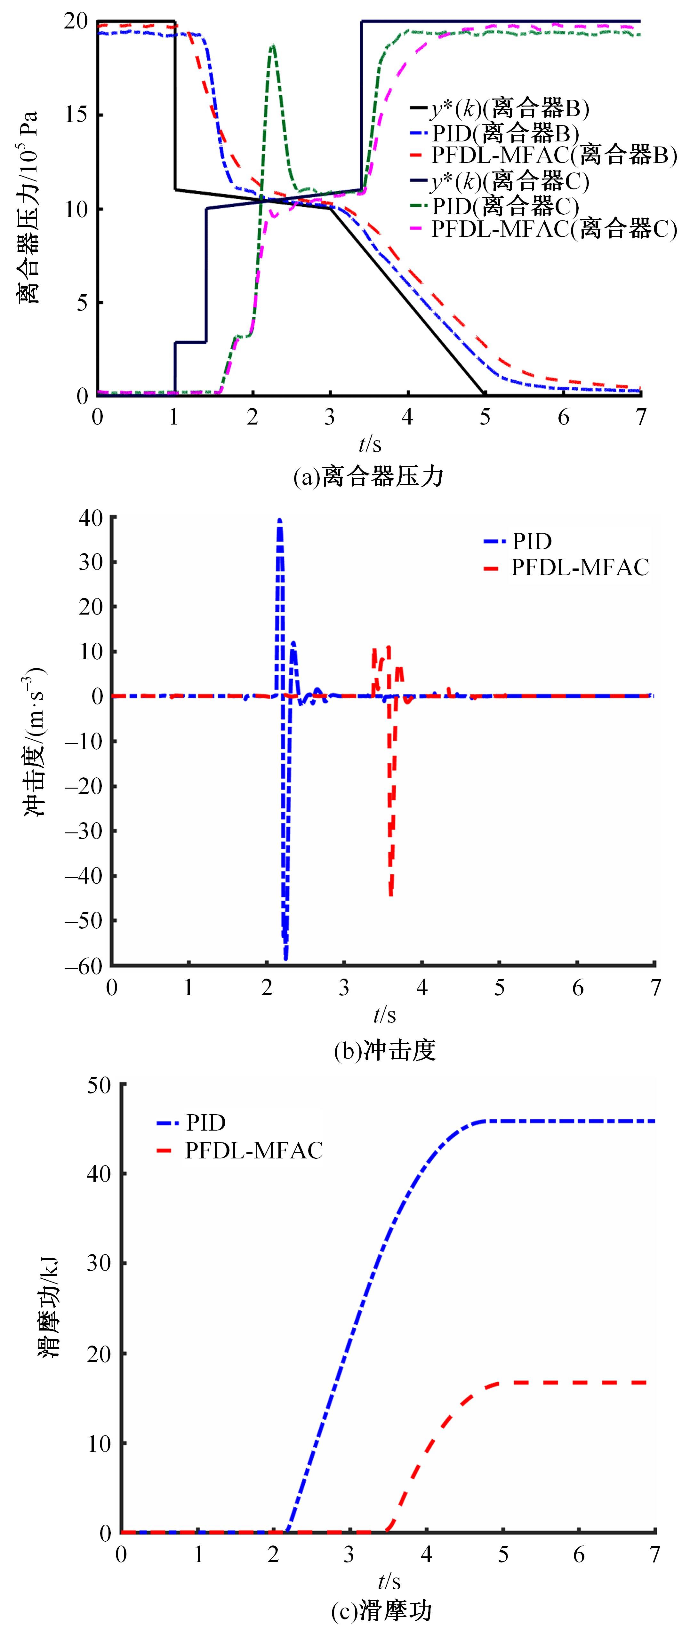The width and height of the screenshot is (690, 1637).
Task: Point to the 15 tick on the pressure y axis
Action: point(76,115)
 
